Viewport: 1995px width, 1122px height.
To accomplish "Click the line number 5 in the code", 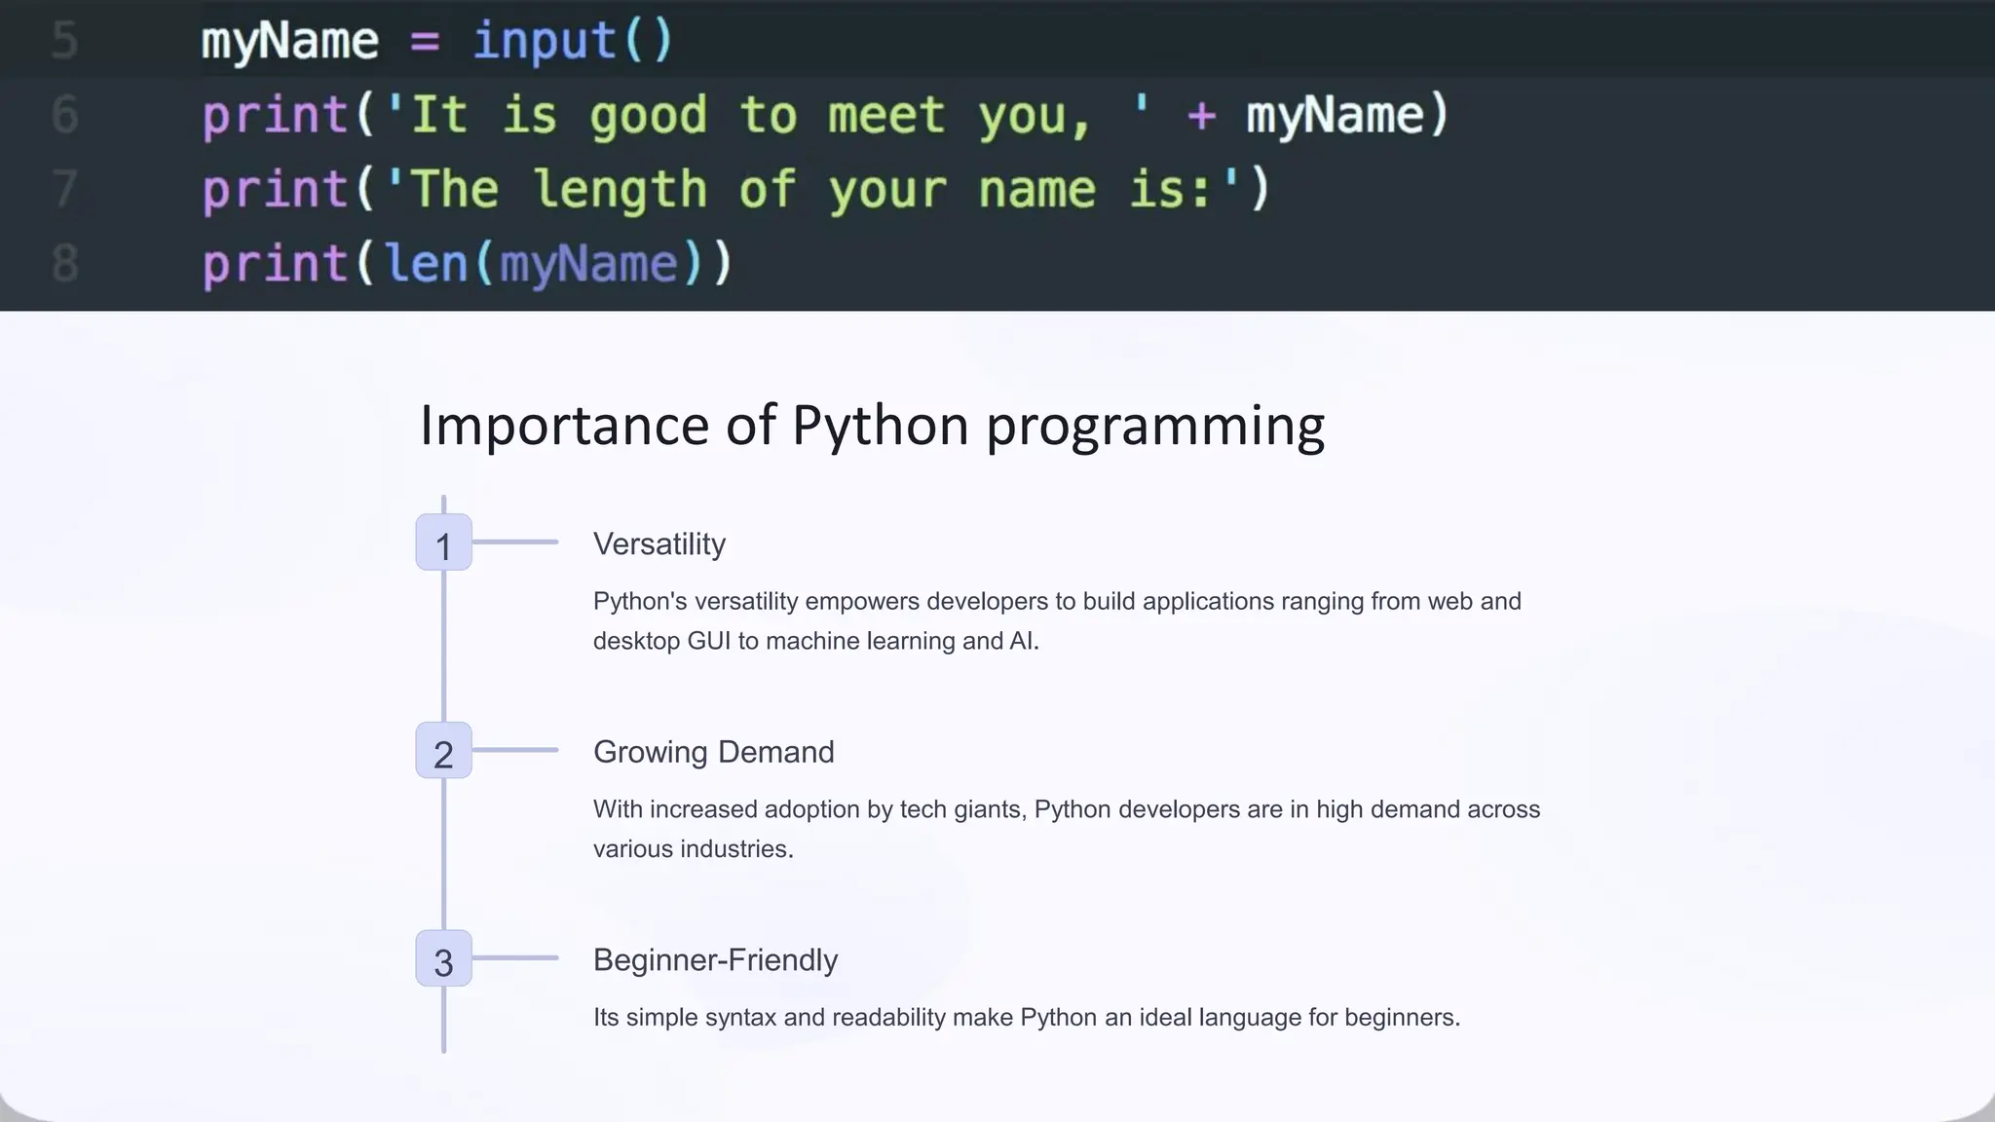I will coord(64,41).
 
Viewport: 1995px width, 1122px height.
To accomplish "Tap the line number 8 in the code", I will coord(64,264).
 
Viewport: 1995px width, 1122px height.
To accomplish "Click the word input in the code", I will coord(545,41).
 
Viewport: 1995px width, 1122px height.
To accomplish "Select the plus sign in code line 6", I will coord(1201,116).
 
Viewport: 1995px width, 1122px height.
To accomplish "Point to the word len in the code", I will coord(427,264).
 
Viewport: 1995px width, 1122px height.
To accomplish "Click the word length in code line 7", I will coord(621,190).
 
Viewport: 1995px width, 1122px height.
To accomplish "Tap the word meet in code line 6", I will coord(886,116).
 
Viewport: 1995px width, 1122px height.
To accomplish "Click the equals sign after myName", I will coord(425,42).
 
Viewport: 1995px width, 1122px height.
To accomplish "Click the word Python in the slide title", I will coord(880,426).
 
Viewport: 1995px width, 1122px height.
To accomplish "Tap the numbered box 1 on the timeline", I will coord(443,542).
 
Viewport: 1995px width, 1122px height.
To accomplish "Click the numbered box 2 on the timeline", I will coord(443,751).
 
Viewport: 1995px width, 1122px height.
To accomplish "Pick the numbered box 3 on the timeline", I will coord(443,959).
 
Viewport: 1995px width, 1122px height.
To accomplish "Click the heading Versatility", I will coord(659,544).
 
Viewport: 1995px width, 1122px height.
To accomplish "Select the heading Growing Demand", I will coord(713,752).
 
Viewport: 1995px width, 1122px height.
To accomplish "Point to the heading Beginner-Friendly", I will coord(715,960).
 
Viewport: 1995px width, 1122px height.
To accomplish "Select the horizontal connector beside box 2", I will coord(515,750).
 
